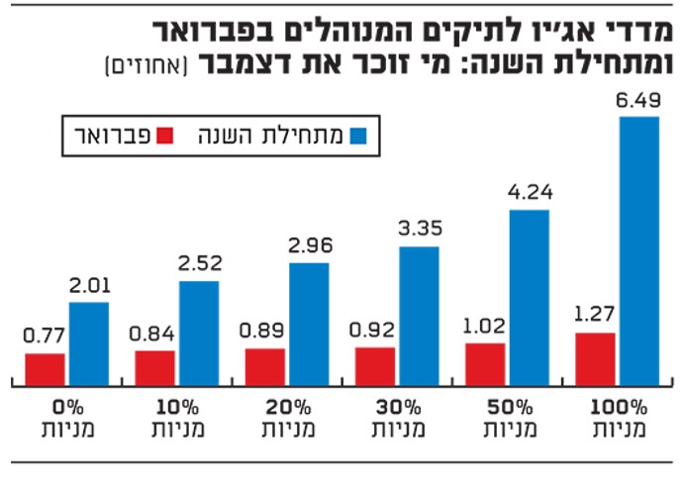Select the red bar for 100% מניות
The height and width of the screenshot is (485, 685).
[595, 359]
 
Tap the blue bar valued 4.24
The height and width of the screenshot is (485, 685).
[529, 297]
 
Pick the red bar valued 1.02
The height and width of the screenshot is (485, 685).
[485, 364]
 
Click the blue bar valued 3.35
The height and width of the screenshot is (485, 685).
[419, 316]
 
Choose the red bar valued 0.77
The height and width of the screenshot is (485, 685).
[46, 369]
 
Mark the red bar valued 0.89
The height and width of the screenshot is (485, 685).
[265, 367]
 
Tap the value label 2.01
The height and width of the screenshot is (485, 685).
[89, 287]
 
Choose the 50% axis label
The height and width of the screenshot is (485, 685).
[507, 407]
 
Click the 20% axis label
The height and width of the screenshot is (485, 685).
[287, 407]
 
